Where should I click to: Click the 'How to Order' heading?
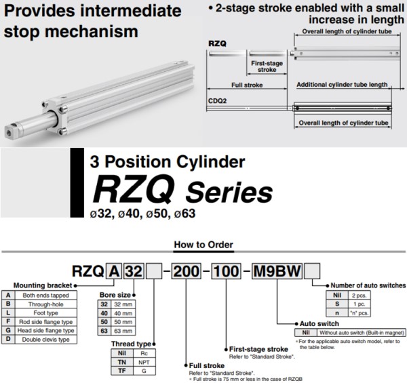[x=203, y=245]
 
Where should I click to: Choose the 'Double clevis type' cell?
[x=46, y=338]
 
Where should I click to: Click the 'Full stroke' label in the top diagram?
[x=247, y=85]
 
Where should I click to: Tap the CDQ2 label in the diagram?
[x=217, y=99]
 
